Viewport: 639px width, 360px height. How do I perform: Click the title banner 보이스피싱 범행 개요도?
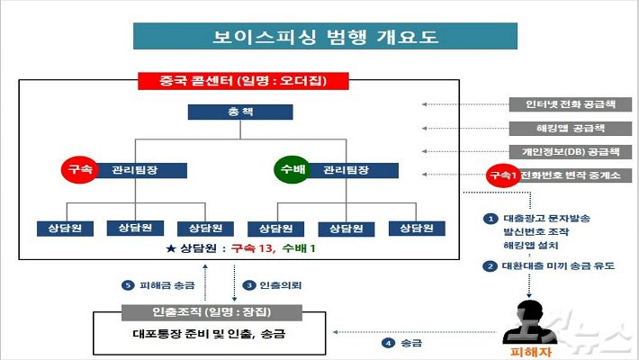point(325,36)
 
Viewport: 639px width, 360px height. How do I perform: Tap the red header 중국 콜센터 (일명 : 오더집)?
point(243,81)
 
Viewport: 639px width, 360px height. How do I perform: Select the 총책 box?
point(240,112)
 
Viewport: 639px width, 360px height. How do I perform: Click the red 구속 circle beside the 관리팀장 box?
point(79,169)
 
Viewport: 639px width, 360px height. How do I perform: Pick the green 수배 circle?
point(292,169)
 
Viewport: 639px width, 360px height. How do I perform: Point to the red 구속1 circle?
point(503,175)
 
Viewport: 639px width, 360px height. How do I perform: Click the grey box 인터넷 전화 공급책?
point(570,104)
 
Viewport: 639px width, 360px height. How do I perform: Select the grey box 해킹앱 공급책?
point(570,129)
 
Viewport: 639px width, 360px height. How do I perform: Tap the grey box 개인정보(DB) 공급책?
point(570,152)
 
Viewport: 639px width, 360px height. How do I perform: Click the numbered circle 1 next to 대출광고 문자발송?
point(490,219)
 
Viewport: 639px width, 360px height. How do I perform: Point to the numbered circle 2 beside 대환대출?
point(490,266)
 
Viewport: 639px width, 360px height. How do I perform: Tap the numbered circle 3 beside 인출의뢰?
point(248,285)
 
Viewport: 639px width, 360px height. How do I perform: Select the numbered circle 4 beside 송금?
point(388,343)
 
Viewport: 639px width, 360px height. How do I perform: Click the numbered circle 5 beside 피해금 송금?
point(128,285)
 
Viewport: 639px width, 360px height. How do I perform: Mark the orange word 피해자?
point(531,352)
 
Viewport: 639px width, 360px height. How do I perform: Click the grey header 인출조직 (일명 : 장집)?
point(211,312)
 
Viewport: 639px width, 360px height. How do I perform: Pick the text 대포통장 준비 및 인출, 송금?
point(209,334)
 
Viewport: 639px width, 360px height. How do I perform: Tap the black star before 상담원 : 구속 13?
point(171,248)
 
